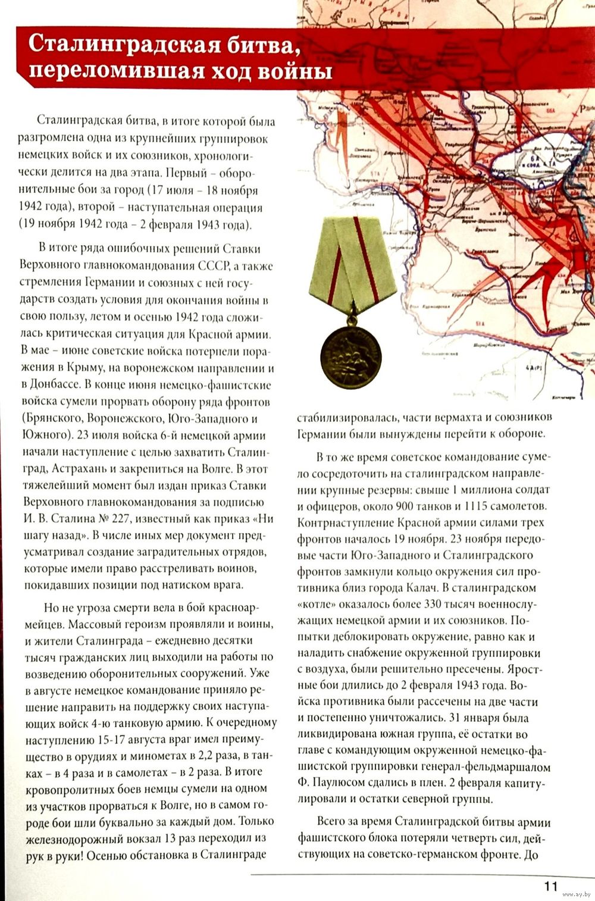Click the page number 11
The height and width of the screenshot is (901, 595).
[551, 886]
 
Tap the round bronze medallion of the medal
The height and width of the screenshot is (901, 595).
[351, 356]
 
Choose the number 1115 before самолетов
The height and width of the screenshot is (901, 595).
[472, 506]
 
